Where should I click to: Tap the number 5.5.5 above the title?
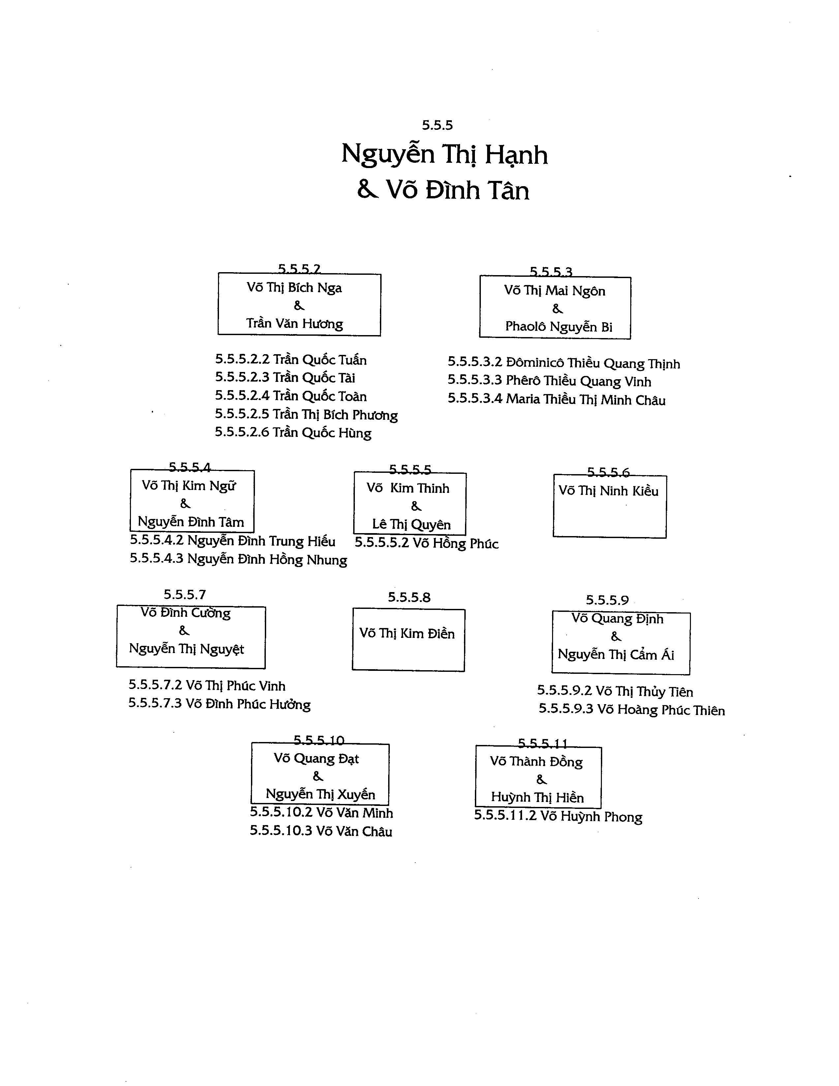point(437,125)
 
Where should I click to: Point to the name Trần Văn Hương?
point(295,324)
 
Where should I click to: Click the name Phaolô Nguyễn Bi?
point(559,327)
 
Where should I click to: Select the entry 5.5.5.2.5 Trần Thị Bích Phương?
point(306,415)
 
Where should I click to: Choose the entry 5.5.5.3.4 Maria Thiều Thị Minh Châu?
point(556,399)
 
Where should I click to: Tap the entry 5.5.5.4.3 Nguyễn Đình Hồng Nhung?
point(238,559)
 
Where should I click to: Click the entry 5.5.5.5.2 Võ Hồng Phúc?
point(426,543)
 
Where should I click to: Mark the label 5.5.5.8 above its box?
point(409,597)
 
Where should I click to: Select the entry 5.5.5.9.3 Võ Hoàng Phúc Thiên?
point(632,710)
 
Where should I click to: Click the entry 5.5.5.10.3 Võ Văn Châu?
point(321,831)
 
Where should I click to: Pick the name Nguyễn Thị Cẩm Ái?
point(616,654)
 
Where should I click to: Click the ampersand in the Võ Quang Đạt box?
point(318,776)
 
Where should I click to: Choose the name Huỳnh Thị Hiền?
point(538,798)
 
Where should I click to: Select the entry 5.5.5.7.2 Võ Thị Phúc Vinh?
point(207,686)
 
